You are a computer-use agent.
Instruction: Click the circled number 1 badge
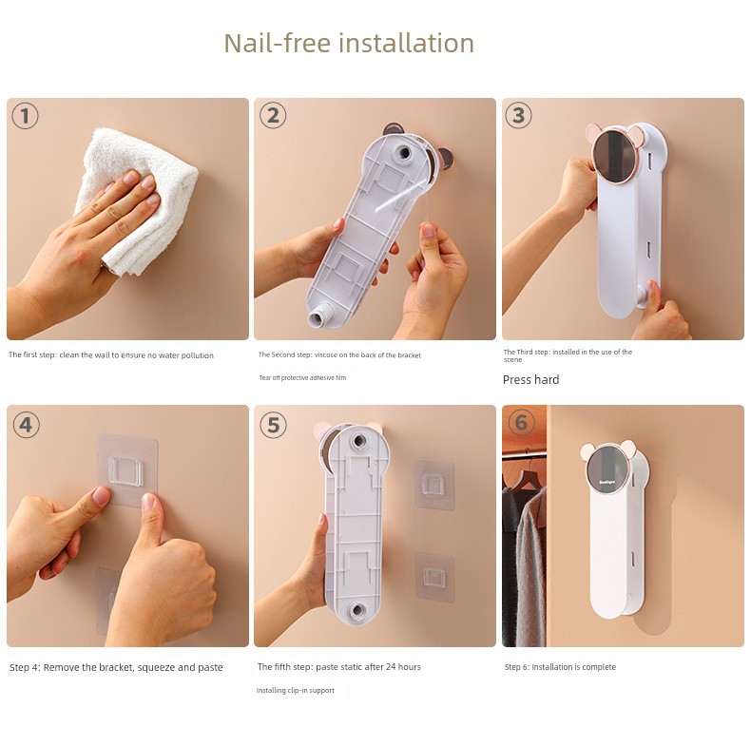pyautogui.click(x=25, y=116)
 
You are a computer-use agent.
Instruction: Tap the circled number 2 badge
pyautogui.click(x=273, y=115)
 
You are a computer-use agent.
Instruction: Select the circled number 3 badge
pyautogui.click(x=518, y=115)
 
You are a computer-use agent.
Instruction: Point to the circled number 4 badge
pyautogui.click(x=26, y=425)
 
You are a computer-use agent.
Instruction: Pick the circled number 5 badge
pyautogui.click(x=273, y=425)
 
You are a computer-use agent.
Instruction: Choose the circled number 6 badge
pyautogui.click(x=521, y=422)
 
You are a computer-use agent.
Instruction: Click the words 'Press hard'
pyautogui.click(x=530, y=380)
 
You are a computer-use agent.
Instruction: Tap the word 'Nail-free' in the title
pyautogui.click(x=278, y=43)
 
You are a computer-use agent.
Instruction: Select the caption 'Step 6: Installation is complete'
pyautogui.click(x=560, y=667)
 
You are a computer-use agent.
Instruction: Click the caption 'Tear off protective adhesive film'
pyautogui.click(x=302, y=378)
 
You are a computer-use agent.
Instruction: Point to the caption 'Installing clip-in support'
pyautogui.click(x=295, y=691)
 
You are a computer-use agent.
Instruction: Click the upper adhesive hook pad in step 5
pyautogui.click(x=433, y=485)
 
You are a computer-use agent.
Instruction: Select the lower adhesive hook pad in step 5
pyautogui.click(x=433, y=576)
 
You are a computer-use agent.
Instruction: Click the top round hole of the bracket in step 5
pyautogui.click(x=357, y=440)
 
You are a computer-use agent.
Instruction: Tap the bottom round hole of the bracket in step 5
pyautogui.click(x=356, y=610)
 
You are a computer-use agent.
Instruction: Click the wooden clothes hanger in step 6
pyautogui.click(x=524, y=479)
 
